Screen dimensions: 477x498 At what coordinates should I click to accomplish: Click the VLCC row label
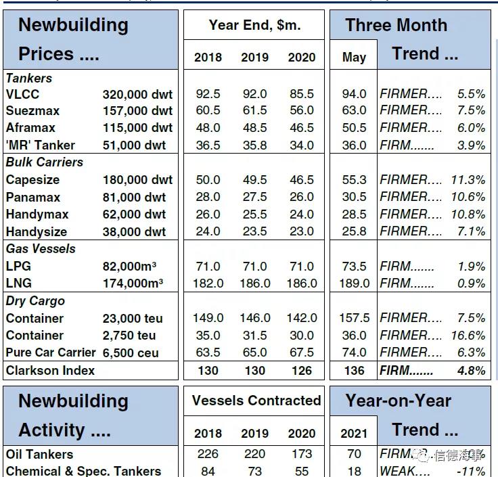pyautogui.click(x=22, y=94)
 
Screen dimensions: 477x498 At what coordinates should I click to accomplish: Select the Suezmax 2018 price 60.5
pyautogui.click(x=208, y=110)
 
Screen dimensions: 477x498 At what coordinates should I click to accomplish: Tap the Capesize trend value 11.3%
pyautogui.click(x=468, y=180)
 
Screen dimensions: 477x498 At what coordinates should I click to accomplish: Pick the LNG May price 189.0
pyautogui.click(x=354, y=283)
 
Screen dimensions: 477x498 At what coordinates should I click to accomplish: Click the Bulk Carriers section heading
pyautogui.click(x=45, y=162)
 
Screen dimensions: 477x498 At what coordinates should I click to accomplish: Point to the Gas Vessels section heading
pyautogui.click(x=41, y=249)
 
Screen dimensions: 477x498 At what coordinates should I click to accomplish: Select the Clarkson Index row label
pyautogui.click(x=51, y=370)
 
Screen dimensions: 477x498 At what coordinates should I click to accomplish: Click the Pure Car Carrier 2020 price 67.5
pyautogui.click(x=302, y=353)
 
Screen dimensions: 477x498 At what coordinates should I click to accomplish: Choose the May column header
pyautogui.click(x=354, y=57)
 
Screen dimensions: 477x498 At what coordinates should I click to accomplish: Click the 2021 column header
pyautogui.click(x=354, y=433)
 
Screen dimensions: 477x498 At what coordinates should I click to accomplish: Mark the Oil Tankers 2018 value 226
pyautogui.click(x=208, y=454)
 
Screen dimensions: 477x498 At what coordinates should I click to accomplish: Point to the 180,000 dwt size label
pyautogui.click(x=137, y=180)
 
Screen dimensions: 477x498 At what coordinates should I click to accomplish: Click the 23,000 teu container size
pyautogui.click(x=133, y=318)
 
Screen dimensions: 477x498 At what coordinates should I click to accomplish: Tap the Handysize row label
pyautogui.click(x=37, y=231)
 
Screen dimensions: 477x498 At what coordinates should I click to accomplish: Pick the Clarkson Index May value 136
pyautogui.click(x=354, y=370)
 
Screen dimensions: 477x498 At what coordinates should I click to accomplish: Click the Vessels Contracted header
pyautogui.click(x=256, y=400)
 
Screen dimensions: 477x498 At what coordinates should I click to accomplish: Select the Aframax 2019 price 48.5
pyautogui.click(x=255, y=128)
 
